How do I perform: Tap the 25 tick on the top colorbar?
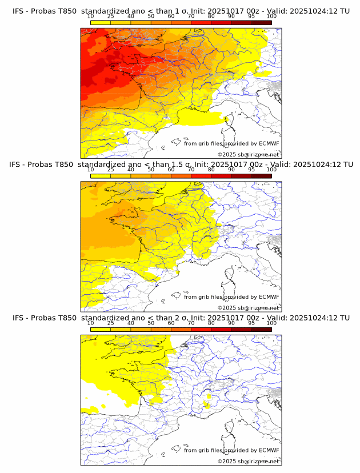(110, 16)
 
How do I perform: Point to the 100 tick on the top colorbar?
(271, 16)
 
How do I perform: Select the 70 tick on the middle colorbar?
(191, 169)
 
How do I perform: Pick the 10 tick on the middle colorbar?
(91, 169)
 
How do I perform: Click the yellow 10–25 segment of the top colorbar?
(101, 22)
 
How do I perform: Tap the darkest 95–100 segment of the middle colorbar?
(261, 175)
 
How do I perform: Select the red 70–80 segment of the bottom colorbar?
(201, 328)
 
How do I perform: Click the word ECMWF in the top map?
(269, 143)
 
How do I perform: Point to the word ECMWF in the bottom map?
(269, 450)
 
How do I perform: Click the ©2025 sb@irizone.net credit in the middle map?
(248, 307)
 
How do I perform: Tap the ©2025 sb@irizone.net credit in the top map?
(248, 154)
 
